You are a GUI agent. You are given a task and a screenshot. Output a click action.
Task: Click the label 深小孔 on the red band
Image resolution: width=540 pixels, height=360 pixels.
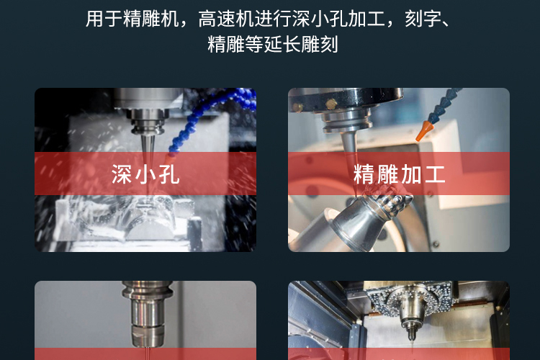point(145,174)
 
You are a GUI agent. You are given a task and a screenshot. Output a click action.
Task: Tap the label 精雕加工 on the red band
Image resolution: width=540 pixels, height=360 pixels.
point(399,174)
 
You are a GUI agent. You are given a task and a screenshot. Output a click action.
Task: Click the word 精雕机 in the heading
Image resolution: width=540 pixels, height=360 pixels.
point(150,19)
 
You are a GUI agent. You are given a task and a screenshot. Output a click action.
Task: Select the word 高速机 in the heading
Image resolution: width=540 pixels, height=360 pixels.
point(226,19)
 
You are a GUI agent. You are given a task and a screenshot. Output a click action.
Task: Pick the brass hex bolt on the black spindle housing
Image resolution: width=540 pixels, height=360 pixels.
point(331,104)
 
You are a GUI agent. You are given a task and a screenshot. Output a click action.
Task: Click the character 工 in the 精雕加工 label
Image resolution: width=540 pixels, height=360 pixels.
point(435,174)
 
